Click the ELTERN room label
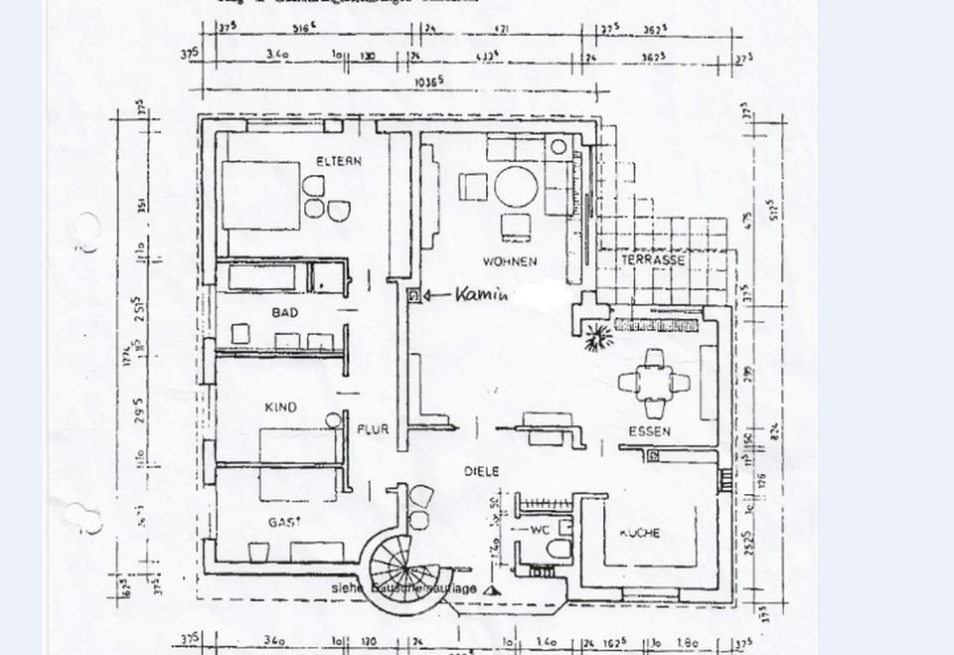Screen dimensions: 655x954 pyautogui.click(x=339, y=161)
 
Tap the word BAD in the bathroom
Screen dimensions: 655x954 pyautogui.click(x=285, y=313)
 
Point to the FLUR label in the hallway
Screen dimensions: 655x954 pyautogui.click(x=373, y=430)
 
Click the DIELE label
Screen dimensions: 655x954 pyautogui.click(x=480, y=471)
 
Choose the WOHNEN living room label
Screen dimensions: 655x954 pyautogui.click(x=509, y=262)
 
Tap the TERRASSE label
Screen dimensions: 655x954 pyautogui.click(x=653, y=259)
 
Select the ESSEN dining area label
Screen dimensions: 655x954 pyautogui.click(x=649, y=432)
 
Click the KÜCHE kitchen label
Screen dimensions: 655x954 pyautogui.click(x=639, y=533)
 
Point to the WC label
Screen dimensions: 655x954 pyautogui.click(x=539, y=531)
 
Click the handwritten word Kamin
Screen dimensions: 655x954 pyautogui.click(x=482, y=294)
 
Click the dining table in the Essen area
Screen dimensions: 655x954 pyautogui.click(x=654, y=382)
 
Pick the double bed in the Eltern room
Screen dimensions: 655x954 pyautogui.click(x=260, y=195)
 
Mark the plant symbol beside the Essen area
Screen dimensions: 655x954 pyautogui.click(x=596, y=337)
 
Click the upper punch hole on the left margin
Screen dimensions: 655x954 pyautogui.click(x=86, y=228)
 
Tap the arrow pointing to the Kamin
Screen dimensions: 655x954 pyautogui.click(x=437, y=295)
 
